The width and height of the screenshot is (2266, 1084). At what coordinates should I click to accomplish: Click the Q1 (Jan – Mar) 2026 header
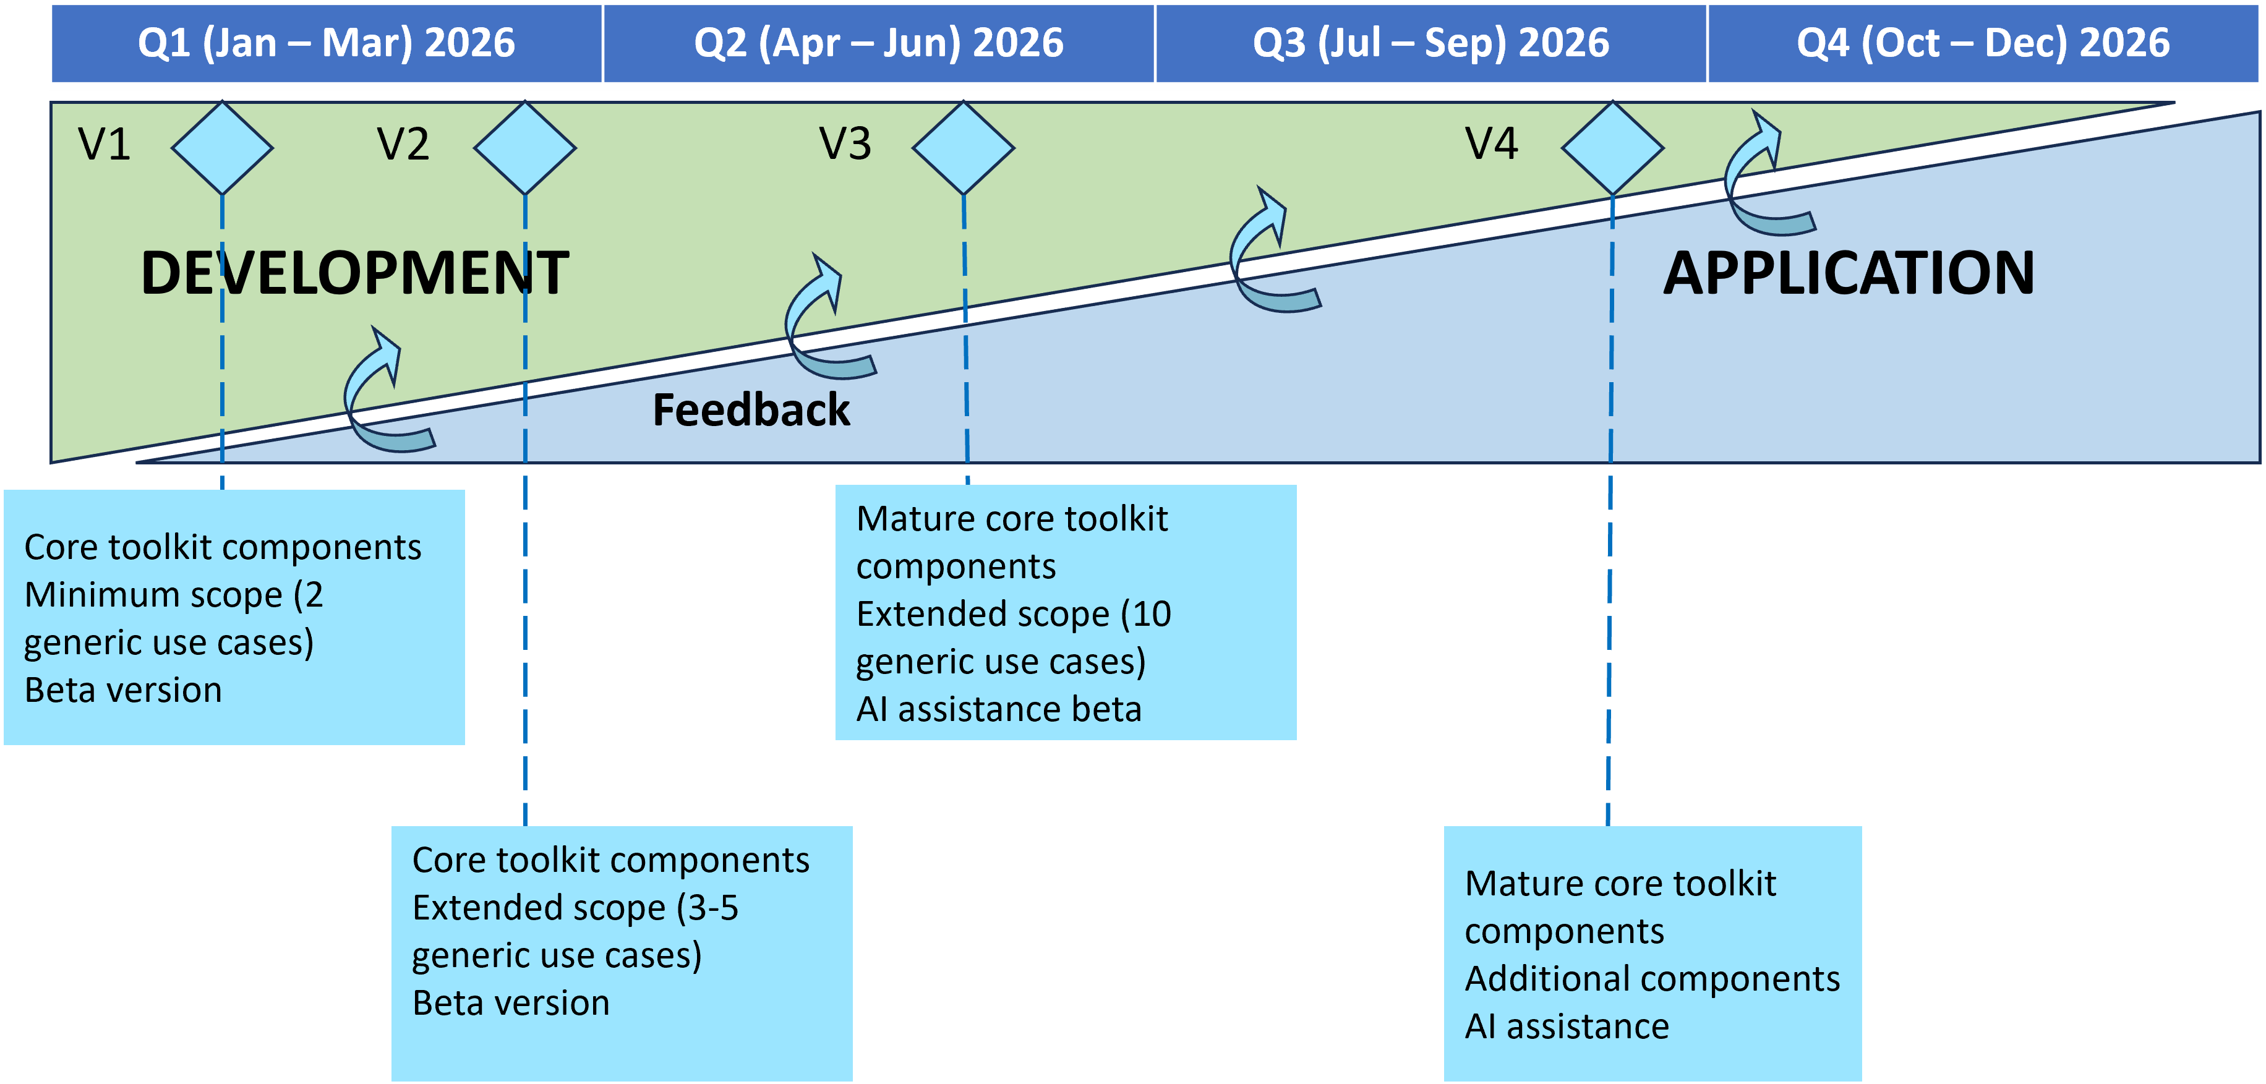[x=327, y=43]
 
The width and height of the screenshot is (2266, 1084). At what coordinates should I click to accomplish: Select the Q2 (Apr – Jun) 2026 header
[x=878, y=43]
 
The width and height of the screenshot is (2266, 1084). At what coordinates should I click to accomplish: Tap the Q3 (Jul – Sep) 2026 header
[x=1430, y=43]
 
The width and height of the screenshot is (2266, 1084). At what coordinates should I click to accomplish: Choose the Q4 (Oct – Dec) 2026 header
[x=1983, y=43]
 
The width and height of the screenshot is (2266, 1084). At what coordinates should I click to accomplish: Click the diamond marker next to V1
[x=221, y=148]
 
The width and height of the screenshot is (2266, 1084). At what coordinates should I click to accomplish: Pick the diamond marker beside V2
[x=525, y=148]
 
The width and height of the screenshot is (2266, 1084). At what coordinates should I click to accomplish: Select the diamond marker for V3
[x=963, y=148]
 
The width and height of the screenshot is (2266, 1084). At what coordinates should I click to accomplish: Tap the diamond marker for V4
[x=1612, y=148]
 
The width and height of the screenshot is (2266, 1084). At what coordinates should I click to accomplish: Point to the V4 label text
[x=1491, y=143]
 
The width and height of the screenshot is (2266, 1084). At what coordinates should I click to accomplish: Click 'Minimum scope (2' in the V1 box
[x=173, y=595]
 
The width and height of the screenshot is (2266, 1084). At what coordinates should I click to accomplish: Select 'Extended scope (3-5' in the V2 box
[x=575, y=907]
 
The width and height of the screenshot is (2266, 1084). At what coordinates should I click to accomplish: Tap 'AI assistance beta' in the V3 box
[x=998, y=709]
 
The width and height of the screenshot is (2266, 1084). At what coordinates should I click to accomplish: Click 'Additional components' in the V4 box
[x=1652, y=978]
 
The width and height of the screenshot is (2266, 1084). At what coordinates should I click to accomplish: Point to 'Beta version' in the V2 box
[x=510, y=1003]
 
